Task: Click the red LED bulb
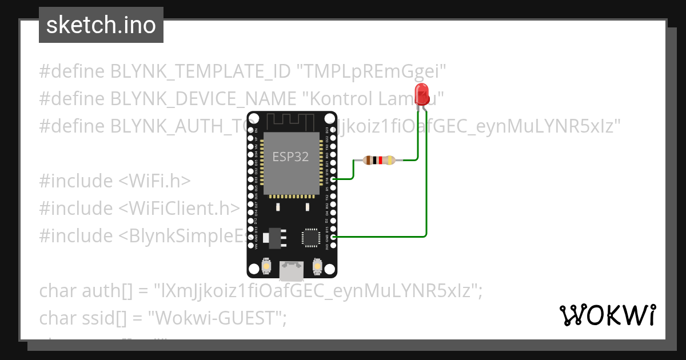pyautogui.click(x=422, y=93)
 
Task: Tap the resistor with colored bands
pyautogui.click(x=378, y=161)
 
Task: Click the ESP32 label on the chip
pyautogui.click(x=290, y=157)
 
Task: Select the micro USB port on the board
pyautogui.click(x=291, y=270)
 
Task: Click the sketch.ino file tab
pyautogui.click(x=101, y=25)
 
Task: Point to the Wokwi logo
pyautogui.click(x=607, y=315)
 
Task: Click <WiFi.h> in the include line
pyautogui.click(x=154, y=181)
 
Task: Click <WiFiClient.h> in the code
pyautogui.click(x=178, y=209)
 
